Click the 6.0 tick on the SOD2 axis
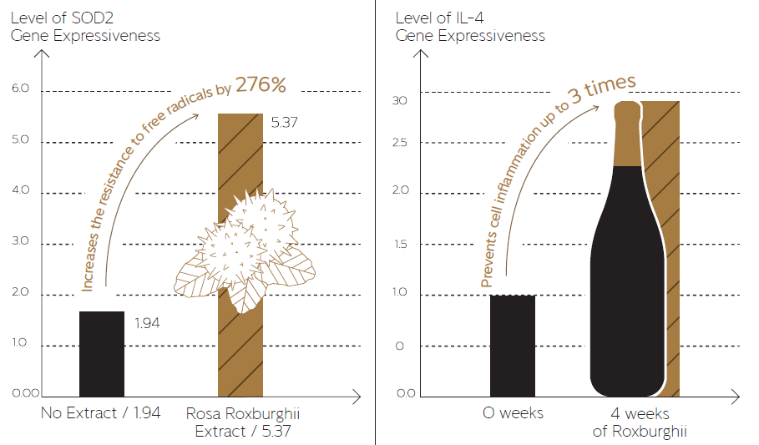19,88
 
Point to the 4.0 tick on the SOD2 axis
19,190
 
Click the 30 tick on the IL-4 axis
400,100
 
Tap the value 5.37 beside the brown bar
285,122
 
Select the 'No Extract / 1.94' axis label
100,412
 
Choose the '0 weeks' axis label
513,412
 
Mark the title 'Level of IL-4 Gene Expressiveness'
470,26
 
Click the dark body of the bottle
628,292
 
